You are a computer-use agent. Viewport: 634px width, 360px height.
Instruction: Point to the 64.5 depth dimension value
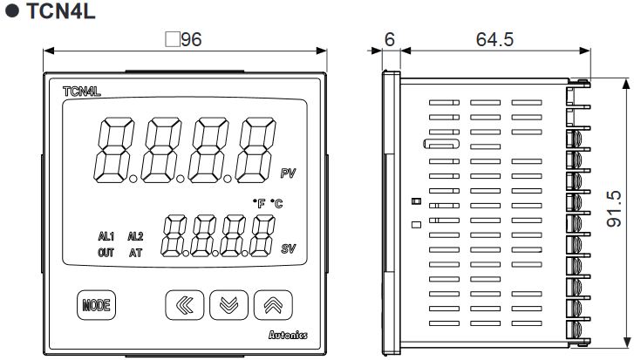(x=494, y=40)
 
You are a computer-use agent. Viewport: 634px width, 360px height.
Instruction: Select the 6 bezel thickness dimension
(x=389, y=40)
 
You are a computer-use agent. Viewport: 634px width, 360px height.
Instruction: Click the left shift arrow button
(x=185, y=305)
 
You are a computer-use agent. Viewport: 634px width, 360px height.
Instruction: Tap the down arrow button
(x=229, y=305)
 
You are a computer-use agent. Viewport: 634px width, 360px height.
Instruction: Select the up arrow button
(x=273, y=305)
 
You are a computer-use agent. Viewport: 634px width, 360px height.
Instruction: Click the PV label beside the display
(x=288, y=174)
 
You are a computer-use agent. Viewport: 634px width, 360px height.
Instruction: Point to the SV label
(x=288, y=249)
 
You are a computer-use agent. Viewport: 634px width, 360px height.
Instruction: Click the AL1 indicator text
(x=106, y=236)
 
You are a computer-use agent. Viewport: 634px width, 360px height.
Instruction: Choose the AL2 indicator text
(x=135, y=236)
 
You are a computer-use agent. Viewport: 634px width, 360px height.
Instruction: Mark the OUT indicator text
(x=106, y=254)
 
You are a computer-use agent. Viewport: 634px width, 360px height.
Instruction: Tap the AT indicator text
(x=135, y=254)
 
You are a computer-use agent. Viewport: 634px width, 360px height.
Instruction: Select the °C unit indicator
(x=276, y=203)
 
